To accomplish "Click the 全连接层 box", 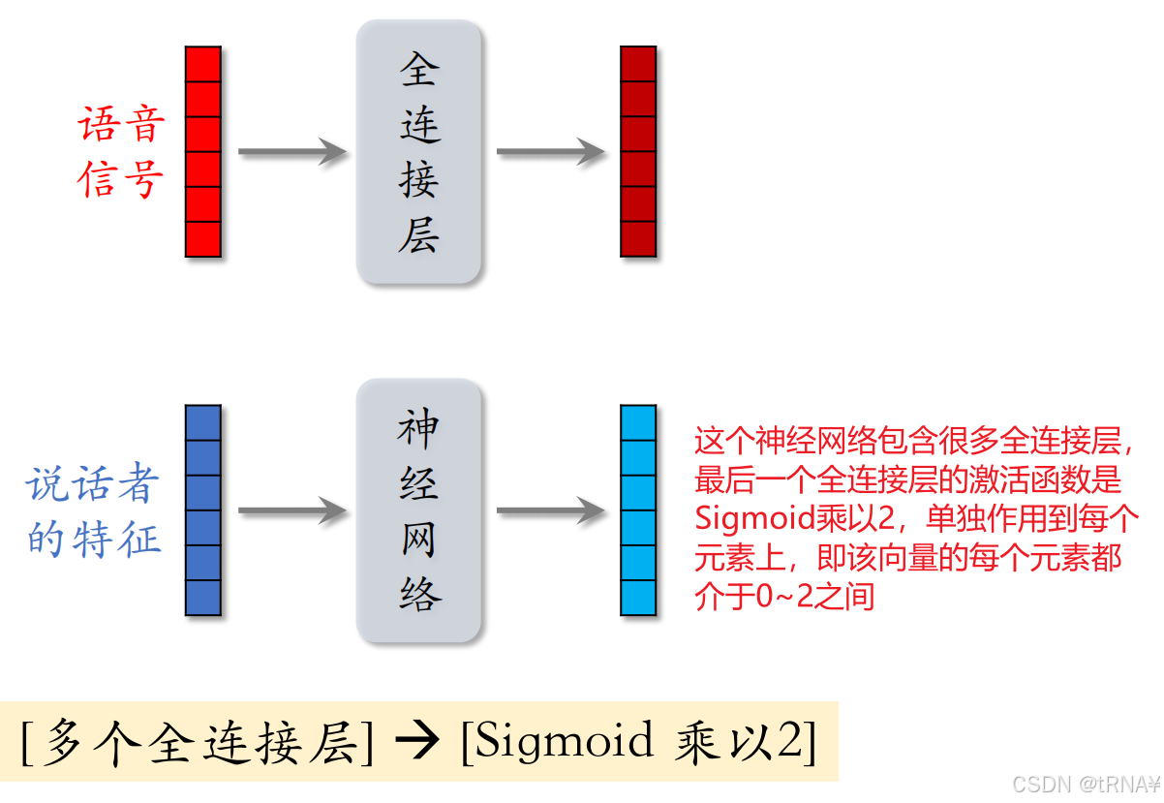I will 418,152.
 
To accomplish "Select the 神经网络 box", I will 418,510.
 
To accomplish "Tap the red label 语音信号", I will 121,153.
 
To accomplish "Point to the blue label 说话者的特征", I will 93,511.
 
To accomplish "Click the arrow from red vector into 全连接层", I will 291,152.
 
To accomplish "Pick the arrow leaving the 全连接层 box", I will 550,152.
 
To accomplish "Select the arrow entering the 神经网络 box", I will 291,510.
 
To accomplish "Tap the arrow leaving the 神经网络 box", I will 550,510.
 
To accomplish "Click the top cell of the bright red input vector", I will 203,65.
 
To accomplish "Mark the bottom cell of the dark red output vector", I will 638,239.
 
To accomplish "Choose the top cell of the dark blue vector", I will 203,423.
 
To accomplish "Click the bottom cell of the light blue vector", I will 638,598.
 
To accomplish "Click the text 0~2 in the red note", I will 772,596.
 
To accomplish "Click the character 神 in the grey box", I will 418,429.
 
